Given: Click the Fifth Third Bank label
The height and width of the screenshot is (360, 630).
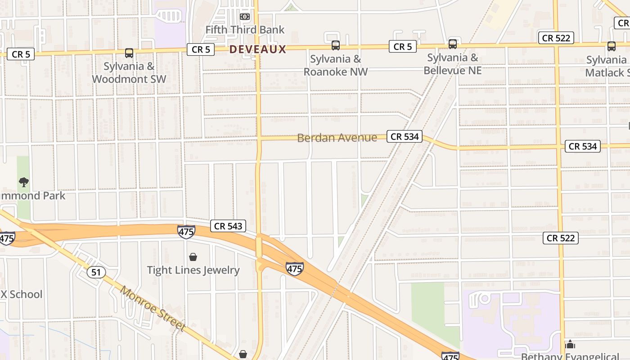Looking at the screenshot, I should pos(245,30).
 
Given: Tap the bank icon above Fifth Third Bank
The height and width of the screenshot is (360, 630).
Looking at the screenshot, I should pos(244,17).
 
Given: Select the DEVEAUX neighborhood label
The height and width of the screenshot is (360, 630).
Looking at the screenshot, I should pos(258,49).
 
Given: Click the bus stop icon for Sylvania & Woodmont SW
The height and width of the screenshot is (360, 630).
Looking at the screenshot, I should pos(129,53).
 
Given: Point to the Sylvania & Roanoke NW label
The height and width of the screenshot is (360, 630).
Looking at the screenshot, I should pos(335,65).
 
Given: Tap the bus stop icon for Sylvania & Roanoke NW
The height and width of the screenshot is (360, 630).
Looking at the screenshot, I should pos(336,45).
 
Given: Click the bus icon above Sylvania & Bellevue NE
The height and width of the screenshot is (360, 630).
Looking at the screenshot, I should pos(453,44).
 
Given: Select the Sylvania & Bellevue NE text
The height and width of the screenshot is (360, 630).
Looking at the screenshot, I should pos(453,64).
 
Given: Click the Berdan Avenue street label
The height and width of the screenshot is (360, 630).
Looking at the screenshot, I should pos(337,138).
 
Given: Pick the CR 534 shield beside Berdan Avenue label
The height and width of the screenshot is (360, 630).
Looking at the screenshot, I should pos(405,136).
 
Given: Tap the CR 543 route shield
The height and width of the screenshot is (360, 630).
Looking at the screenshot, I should pos(228,226).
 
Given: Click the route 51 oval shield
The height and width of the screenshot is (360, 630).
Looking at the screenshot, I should pos(96,272).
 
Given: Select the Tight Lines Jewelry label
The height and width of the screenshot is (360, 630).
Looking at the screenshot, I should pos(193,270).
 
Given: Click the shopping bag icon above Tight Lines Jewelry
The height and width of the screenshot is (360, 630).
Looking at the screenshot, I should pos(193,257).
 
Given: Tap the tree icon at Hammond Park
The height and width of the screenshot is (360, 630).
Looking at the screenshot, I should pos(24,182).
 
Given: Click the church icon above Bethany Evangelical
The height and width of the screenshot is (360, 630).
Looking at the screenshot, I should pos(570,345).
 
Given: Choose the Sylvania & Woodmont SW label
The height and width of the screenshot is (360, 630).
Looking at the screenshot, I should pos(129,72).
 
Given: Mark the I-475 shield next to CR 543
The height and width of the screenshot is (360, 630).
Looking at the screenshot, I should pos(186,232).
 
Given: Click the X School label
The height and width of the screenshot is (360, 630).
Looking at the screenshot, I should pos(21,294).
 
